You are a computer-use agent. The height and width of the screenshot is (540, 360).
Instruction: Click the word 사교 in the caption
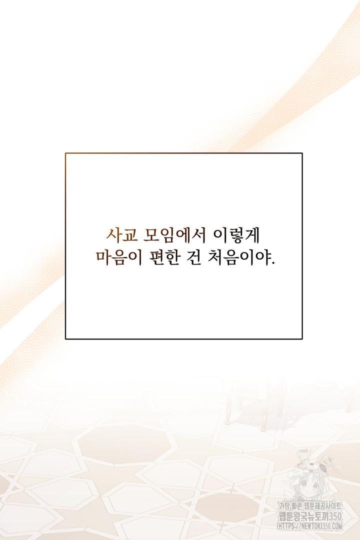[x=122, y=235]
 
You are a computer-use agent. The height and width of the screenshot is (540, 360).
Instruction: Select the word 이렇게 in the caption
[x=236, y=235]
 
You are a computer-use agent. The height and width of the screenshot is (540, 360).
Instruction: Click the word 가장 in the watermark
[x=284, y=506]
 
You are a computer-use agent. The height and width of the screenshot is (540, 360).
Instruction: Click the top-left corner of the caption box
[x=65, y=153]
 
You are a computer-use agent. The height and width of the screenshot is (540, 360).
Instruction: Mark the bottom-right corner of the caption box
[x=302, y=339]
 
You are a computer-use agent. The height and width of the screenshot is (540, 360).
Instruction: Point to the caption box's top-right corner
[x=302, y=153]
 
